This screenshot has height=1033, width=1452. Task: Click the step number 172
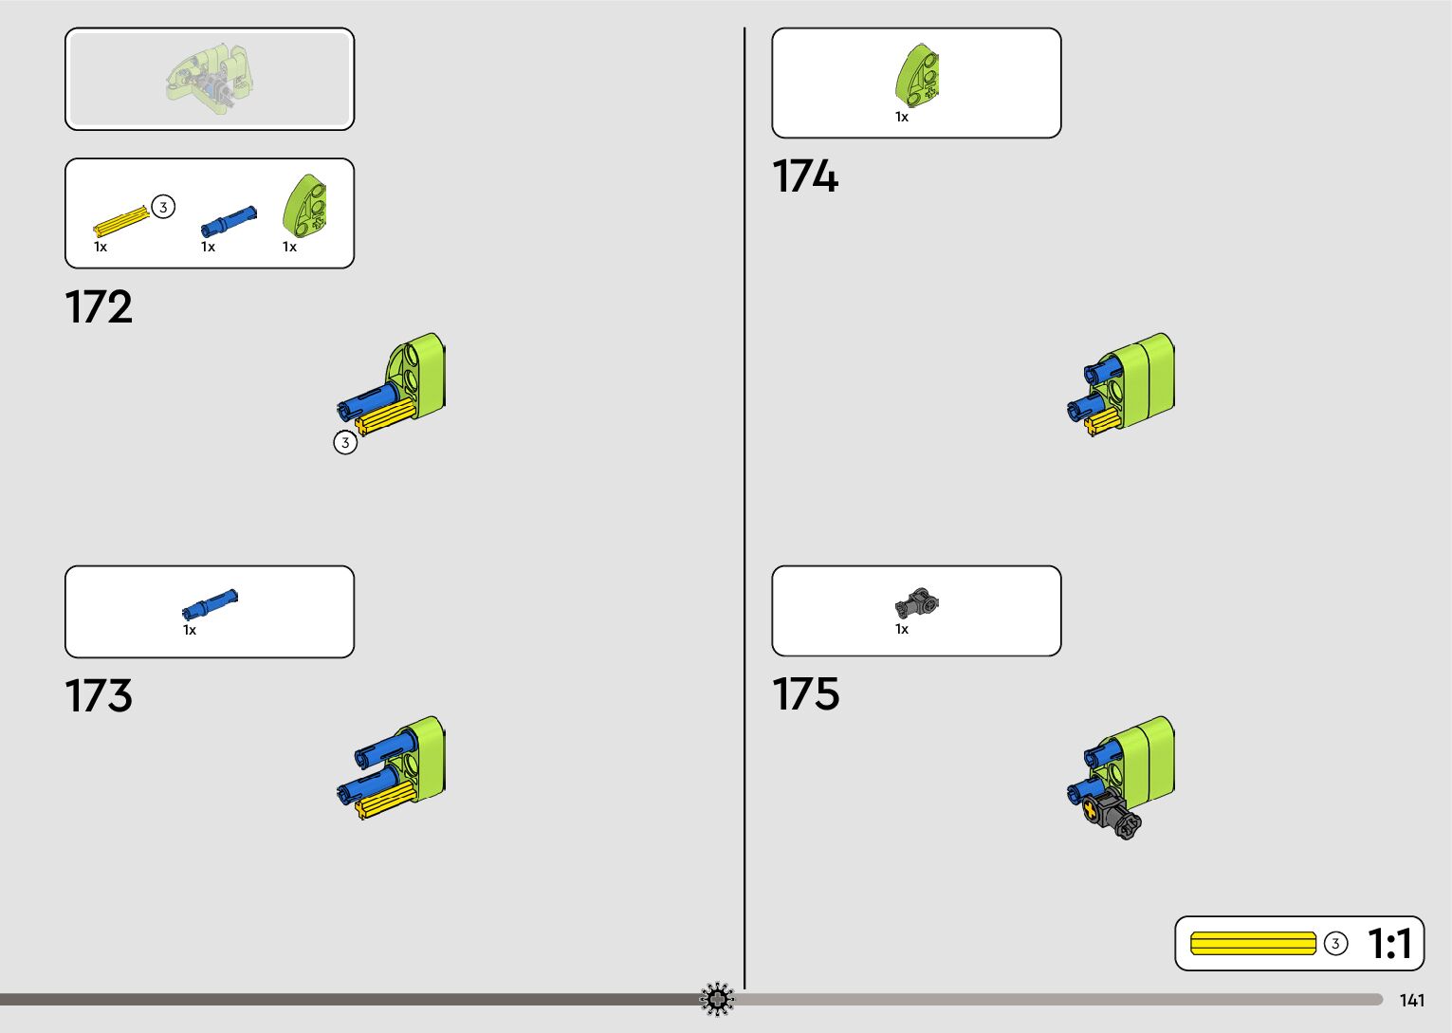99,307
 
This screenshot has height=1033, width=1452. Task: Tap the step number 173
99,696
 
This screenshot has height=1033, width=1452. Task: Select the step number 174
805,177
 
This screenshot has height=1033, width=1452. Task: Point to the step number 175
805,694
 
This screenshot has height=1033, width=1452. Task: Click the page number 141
1411,1001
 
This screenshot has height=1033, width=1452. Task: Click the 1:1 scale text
1389,944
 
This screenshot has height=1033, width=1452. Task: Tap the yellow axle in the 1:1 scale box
1253,944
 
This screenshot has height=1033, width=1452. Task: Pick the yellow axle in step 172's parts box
121,222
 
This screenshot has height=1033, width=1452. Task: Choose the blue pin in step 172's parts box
228,222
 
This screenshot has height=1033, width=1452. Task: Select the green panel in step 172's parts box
306,205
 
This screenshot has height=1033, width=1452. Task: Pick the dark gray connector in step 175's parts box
916,603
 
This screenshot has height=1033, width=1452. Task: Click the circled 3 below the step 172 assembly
345,443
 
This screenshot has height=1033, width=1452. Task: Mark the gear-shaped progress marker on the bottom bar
717,999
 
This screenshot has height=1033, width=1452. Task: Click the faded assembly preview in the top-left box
210,78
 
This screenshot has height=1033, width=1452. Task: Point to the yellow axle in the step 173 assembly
384,802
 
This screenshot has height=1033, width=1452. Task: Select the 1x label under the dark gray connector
902,629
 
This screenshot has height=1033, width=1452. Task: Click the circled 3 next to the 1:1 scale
1335,944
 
